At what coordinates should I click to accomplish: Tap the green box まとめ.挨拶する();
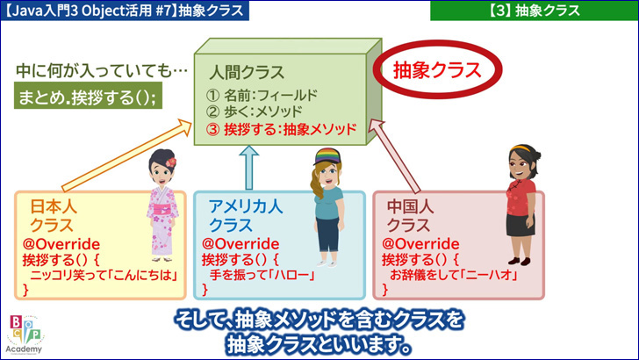click(x=88, y=96)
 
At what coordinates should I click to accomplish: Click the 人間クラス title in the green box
click(x=247, y=72)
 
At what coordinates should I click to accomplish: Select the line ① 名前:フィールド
click(x=262, y=96)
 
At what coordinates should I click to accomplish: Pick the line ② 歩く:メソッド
click(x=255, y=112)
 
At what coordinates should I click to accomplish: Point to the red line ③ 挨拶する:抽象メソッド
click(x=281, y=129)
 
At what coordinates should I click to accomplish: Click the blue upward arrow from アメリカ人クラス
click(x=249, y=168)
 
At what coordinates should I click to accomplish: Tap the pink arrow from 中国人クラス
click(x=393, y=155)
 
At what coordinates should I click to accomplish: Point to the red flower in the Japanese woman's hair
click(x=171, y=162)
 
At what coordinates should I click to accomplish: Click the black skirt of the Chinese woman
click(x=520, y=225)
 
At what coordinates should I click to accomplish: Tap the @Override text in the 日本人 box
click(x=61, y=244)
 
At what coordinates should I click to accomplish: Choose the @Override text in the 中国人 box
click(x=420, y=244)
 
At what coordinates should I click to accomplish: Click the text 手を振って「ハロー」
click(x=262, y=275)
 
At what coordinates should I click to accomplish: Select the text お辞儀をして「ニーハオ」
click(x=454, y=275)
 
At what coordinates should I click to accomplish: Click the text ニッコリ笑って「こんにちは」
click(x=104, y=275)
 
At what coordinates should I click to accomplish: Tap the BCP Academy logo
click(x=25, y=335)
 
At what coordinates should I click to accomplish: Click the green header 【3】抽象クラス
click(x=535, y=11)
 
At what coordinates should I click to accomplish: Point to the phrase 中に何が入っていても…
click(x=102, y=71)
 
